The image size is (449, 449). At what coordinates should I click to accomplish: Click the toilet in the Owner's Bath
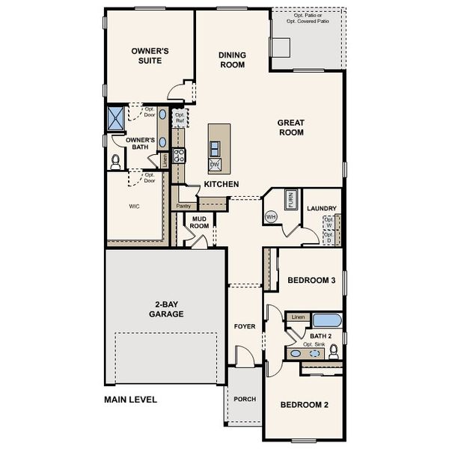coord(116,160)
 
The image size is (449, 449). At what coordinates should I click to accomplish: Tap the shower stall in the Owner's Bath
coord(116,118)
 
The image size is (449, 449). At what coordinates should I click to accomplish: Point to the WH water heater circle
coord(271,217)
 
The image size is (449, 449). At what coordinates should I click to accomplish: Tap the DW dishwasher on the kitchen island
coord(215,163)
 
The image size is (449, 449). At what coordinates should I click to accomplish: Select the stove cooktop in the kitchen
coord(180,156)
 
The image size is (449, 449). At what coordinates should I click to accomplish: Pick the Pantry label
coord(183,206)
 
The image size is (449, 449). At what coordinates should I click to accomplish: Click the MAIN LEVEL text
coord(130,400)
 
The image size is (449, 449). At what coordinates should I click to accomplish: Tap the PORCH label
coord(245,399)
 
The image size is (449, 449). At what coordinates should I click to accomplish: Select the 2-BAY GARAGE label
coord(165,308)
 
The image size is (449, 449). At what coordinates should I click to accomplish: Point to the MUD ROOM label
coord(199,222)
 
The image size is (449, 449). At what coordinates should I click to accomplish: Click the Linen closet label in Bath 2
coord(298,317)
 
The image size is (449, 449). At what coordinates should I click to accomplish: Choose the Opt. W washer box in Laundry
coord(328,222)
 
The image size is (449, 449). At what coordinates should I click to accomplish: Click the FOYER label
coord(245,326)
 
